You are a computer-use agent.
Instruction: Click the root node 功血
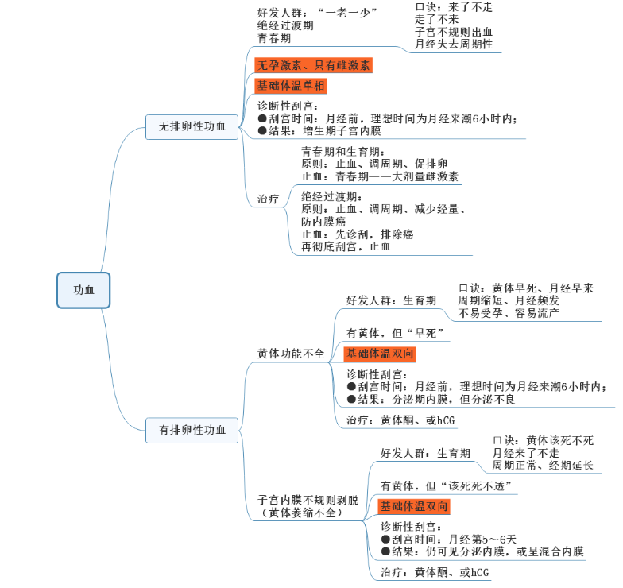coord(83,290)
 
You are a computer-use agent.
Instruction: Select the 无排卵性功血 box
coord(192,126)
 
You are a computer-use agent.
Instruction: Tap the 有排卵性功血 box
coord(192,430)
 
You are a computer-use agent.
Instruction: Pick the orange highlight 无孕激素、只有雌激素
coord(313,65)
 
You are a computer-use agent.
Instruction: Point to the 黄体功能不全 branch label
coord(291,354)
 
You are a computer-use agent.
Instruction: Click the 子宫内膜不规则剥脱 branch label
coord(308,501)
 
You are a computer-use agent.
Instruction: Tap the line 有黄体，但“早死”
coord(394,332)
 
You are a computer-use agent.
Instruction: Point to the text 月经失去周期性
coord(454,44)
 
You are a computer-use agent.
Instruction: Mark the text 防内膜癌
coord(323,222)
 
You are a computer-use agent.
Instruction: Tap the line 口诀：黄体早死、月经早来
coord(526,288)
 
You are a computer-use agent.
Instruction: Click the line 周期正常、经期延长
coord(543,465)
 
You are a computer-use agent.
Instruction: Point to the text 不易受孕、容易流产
coord(509,313)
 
